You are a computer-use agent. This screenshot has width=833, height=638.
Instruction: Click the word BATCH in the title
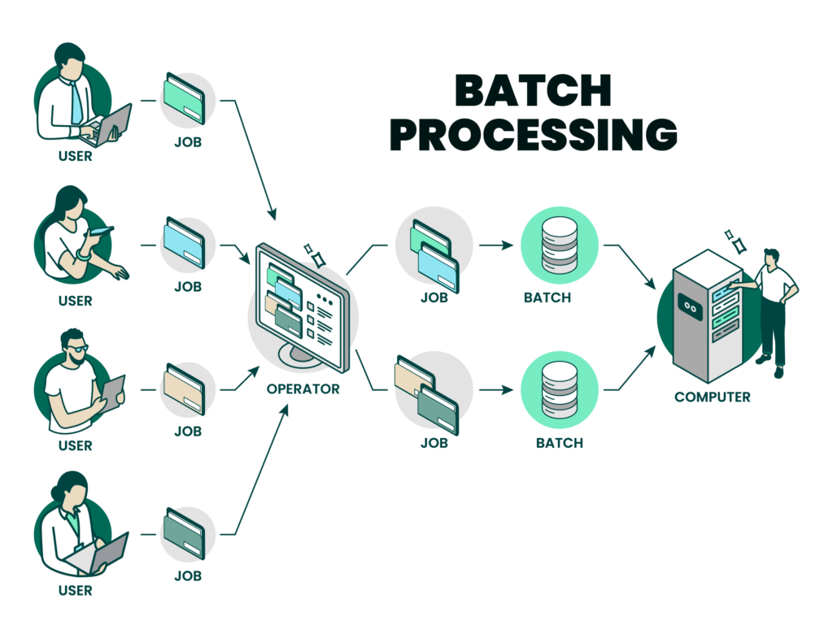tap(533, 91)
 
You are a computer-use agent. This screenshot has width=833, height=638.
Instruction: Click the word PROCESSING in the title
tap(533, 135)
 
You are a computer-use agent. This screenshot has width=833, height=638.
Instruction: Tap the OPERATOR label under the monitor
tap(303, 389)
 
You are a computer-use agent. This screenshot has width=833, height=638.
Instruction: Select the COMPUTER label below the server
tap(712, 397)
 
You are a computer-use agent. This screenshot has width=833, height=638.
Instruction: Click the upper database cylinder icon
tap(559, 244)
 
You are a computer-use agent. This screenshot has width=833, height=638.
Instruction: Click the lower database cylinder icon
tap(559, 388)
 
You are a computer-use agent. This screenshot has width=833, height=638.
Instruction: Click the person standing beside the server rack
tap(774, 309)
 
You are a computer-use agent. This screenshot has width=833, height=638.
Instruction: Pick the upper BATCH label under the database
tap(547, 298)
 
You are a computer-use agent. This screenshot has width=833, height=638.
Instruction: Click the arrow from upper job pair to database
tap(496, 244)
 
